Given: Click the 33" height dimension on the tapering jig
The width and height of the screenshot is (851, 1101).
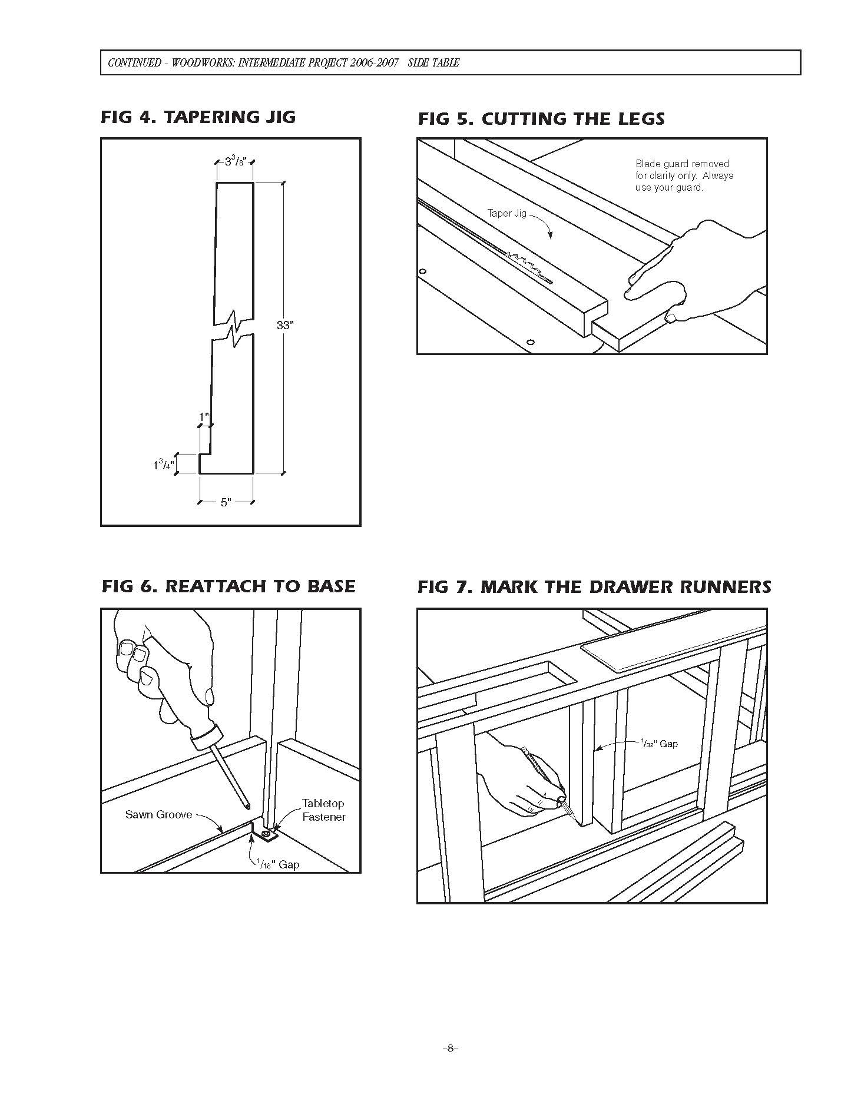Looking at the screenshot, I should [285, 325].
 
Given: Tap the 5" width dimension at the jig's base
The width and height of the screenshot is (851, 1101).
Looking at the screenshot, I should [226, 503].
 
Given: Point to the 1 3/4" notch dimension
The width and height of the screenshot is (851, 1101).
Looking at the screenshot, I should [163, 465].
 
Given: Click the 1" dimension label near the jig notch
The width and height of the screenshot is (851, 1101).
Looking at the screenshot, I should [204, 417].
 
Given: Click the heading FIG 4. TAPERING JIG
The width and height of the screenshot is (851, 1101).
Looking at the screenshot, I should [198, 117].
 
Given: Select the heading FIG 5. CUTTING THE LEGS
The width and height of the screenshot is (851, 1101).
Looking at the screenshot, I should [541, 119].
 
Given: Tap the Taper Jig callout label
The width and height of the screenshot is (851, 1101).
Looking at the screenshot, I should [506, 213].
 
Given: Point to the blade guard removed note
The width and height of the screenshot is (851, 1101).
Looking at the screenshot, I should [684, 175].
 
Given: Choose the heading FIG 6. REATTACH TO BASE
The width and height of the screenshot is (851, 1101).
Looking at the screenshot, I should [229, 586].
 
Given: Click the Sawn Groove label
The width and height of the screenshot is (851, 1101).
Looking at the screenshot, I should [158, 815].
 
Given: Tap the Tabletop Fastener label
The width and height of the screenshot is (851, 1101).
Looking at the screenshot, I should [323, 810].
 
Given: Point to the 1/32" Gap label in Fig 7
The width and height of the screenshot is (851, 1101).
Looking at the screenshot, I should [658, 744].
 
